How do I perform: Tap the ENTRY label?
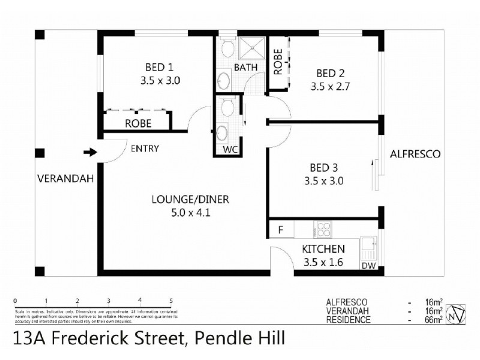(145, 149)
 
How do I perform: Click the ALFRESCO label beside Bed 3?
(415, 154)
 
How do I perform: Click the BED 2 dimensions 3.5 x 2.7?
(330, 86)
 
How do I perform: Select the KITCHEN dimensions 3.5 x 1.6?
(323, 262)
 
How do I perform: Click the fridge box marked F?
(280, 230)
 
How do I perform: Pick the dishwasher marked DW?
(368, 265)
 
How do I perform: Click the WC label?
(231, 149)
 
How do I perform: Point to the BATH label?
(245, 67)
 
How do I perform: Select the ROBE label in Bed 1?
(137, 124)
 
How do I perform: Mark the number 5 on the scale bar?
(171, 301)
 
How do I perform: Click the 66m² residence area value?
(434, 319)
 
